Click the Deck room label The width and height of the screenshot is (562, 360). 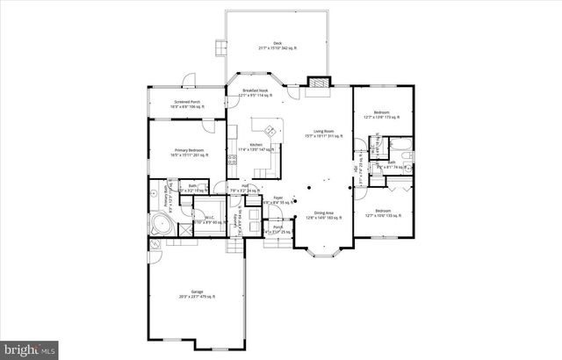pyautogui.click(x=277, y=45)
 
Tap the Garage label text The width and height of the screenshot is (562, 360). pyautogui.click(x=198, y=296)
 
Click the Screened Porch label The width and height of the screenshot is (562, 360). pyautogui.click(x=187, y=103)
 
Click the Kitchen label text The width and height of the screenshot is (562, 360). pyautogui.click(x=256, y=147)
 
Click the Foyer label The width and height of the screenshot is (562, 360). pyautogui.click(x=278, y=200)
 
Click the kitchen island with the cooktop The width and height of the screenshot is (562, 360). pyautogui.click(x=272, y=133)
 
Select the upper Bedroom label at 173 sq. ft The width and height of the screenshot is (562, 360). pyautogui.click(x=382, y=114)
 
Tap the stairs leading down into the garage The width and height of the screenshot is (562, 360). pyautogui.click(x=234, y=248)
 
